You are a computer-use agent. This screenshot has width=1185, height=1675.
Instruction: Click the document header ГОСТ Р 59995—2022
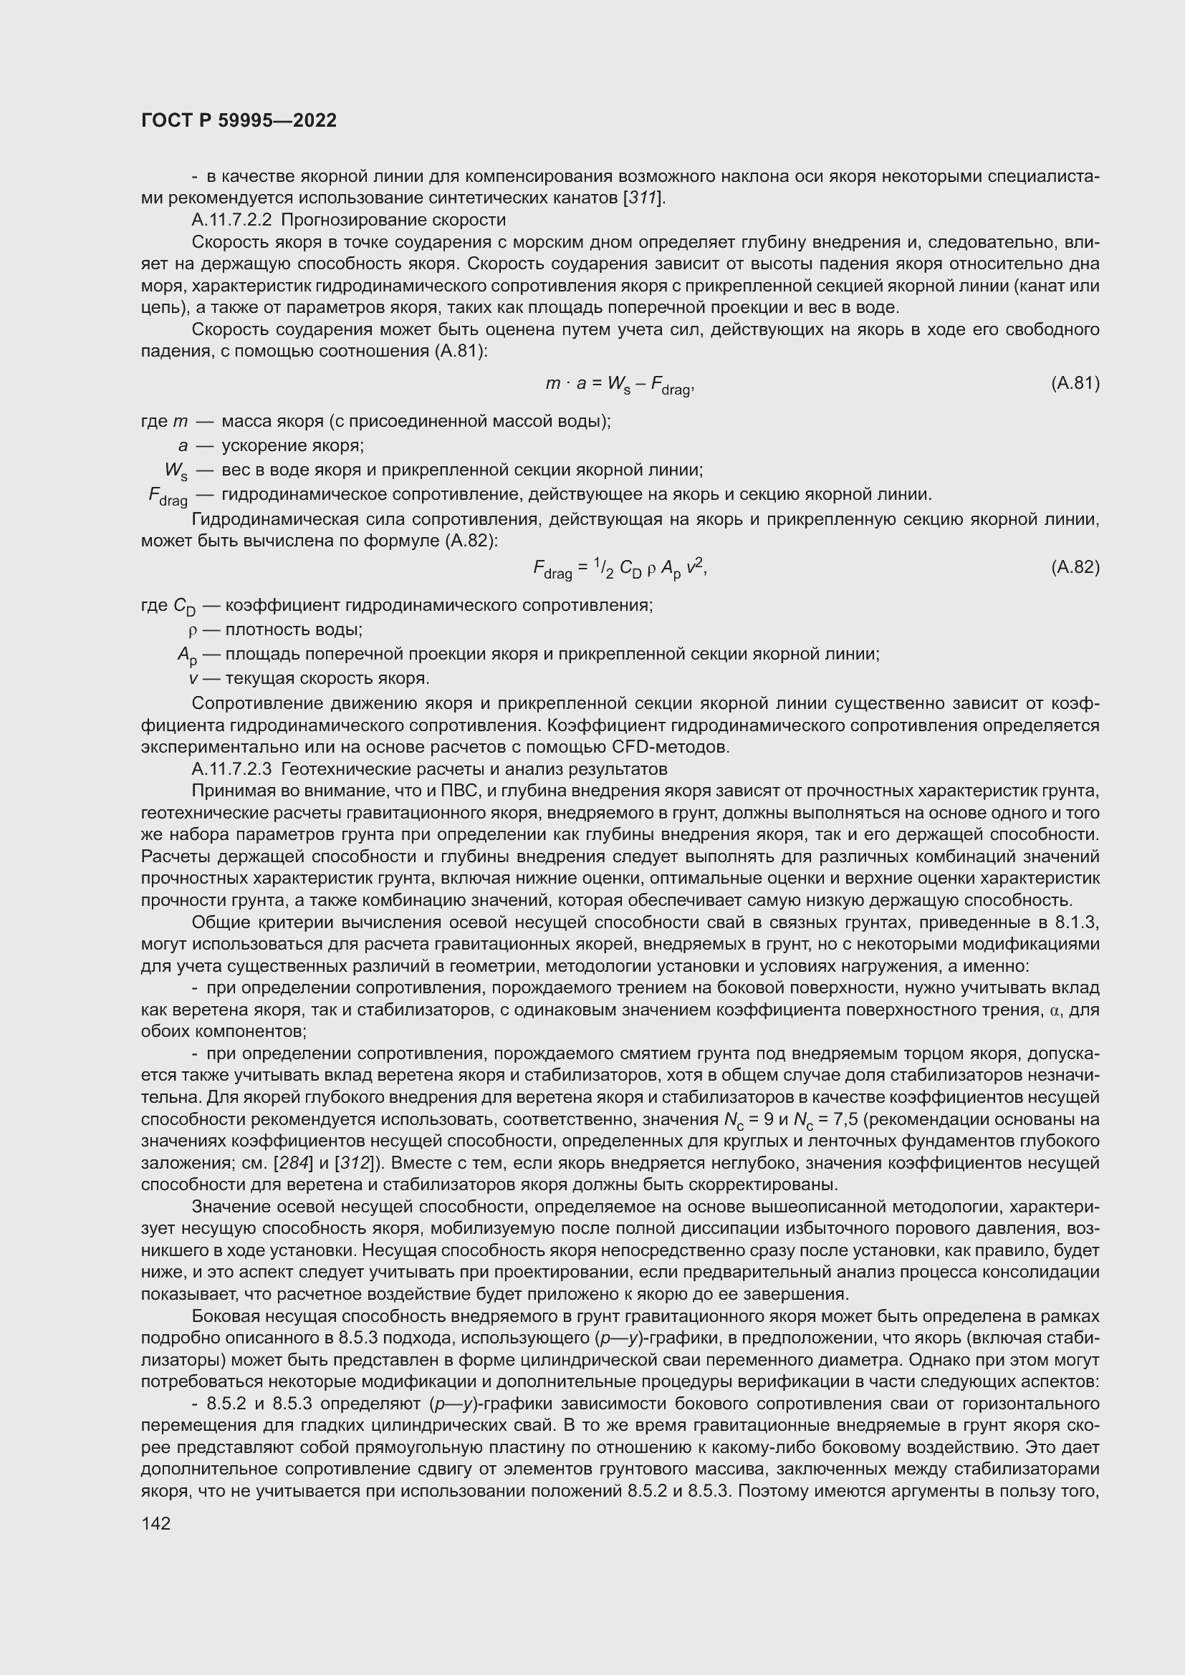tap(239, 120)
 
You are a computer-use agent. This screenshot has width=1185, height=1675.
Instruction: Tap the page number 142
tap(155, 1523)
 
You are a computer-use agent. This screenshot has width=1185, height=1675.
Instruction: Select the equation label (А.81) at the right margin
tap(1075, 383)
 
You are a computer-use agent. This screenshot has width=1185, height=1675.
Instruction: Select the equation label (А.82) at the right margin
tap(1075, 567)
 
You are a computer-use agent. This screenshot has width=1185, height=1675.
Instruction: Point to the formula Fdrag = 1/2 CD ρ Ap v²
tap(620, 569)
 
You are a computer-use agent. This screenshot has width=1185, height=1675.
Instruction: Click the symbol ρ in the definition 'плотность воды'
tap(193, 629)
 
